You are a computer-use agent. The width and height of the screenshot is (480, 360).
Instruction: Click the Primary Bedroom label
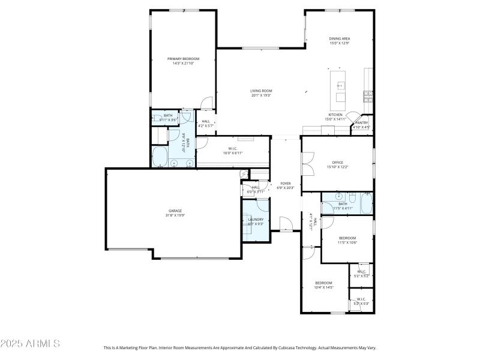[x=183, y=58]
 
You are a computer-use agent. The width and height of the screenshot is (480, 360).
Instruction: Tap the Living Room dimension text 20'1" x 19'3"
[x=261, y=95]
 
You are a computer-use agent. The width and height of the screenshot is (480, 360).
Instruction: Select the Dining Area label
[x=339, y=38]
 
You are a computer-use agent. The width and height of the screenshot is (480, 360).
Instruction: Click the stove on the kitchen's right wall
[x=368, y=95]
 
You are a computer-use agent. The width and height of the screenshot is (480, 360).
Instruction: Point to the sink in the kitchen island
[x=340, y=85]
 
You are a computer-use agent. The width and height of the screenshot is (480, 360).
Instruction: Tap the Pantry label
[x=361, y=122]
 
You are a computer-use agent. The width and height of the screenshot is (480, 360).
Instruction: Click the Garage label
[x=175, y=211]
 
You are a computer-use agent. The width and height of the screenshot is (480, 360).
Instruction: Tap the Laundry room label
[x=256, y=219]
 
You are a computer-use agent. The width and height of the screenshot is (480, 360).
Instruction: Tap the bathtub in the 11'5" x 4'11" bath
[x=367, y=204]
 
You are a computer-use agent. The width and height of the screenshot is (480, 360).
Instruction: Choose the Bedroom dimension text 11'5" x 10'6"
[x=347, y=242]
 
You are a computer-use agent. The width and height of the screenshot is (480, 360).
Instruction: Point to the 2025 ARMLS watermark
[x=30, y=344]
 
